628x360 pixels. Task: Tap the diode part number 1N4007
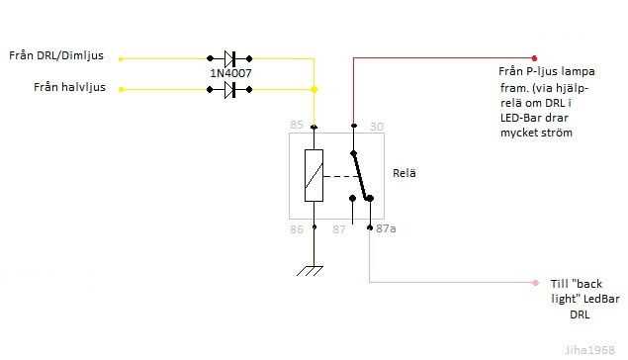(x=228, y=72)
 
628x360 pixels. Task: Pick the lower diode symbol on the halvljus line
(x=228, y=90)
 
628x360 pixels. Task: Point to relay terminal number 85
(x=296, y=125)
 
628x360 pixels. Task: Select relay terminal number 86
(x=296, y=228)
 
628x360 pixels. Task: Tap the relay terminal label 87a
(x=387, y=228)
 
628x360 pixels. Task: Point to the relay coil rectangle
(x=314, y=176)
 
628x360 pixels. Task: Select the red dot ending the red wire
(x=535, y=57)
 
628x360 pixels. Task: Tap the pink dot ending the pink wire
(x=535, y=282)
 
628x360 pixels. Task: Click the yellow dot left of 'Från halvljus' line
(x=120, y=90)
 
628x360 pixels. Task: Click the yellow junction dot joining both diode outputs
(x=314, y=90)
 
